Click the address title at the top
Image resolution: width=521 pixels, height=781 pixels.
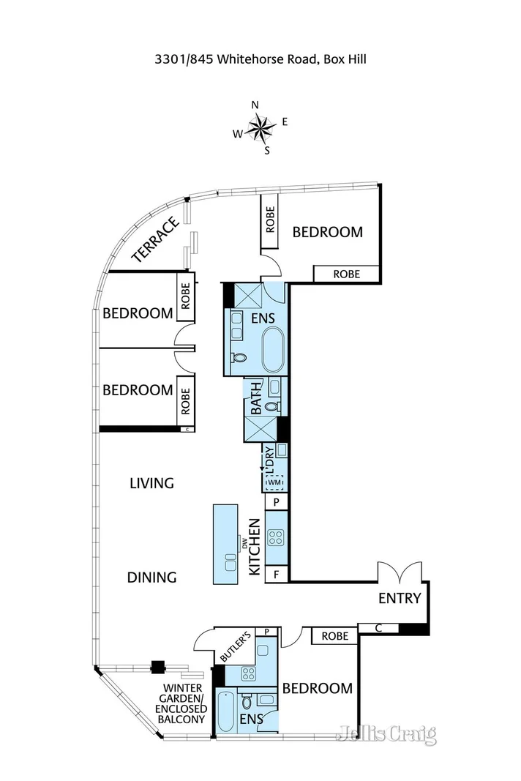(260, 59)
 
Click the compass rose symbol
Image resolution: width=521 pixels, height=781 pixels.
(260, 127)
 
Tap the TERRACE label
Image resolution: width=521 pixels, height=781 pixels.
(155, 239)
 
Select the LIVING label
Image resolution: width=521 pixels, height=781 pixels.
(152, 483)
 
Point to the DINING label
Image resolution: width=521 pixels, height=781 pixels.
(152, 578)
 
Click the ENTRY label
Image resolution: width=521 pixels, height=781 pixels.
(400, 598)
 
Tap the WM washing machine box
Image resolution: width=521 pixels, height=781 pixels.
(275, 482)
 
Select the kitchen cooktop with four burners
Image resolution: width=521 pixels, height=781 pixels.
(276, 537)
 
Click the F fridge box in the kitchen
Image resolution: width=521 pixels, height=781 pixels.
(277, 575)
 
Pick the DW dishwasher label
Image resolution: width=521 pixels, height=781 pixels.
(244, 544)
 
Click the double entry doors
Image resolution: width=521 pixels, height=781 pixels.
(400, 572)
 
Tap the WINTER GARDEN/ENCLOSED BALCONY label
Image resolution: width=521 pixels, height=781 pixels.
(181, 703)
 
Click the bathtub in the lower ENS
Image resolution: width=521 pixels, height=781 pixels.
(227, 711)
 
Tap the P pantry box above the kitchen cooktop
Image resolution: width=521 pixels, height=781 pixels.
(277, 502)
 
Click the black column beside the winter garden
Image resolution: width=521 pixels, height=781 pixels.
(158, 666)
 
